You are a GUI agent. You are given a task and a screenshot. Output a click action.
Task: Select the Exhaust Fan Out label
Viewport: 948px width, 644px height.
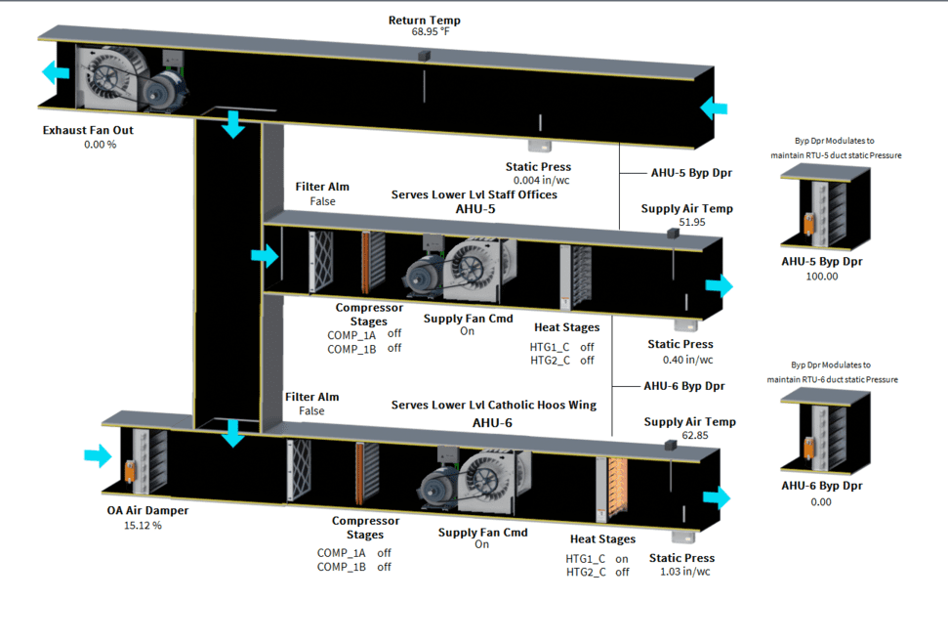88,130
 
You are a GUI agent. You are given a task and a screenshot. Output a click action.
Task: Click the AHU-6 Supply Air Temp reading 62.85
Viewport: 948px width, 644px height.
689,436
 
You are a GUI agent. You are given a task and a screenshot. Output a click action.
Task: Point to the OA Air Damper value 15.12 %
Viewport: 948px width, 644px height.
143,525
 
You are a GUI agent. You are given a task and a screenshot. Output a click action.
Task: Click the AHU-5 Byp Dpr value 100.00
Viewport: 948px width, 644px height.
821,277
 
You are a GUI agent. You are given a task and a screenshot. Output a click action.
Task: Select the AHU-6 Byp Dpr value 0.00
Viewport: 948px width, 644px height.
821,501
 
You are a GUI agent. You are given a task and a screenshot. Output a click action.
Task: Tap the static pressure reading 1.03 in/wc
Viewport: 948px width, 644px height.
685,572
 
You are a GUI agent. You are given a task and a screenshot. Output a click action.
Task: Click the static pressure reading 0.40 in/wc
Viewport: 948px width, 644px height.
680,360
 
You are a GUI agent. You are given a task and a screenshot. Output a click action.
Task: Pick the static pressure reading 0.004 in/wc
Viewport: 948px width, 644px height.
538,181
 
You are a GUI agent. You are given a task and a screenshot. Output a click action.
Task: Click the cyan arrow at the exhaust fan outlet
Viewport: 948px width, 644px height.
56,73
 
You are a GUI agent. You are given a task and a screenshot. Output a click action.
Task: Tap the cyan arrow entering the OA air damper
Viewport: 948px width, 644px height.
99,455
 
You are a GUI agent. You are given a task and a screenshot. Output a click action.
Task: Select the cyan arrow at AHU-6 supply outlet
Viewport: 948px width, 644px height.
717,497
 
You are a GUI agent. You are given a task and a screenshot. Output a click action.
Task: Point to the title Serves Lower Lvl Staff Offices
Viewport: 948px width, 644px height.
474,194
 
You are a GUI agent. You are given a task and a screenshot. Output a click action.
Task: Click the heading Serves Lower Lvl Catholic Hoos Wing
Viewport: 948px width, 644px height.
493,405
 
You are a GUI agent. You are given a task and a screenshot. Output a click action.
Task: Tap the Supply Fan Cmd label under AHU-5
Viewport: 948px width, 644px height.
468,319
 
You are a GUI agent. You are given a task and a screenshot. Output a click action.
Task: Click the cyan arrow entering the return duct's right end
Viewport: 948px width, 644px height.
714,107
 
